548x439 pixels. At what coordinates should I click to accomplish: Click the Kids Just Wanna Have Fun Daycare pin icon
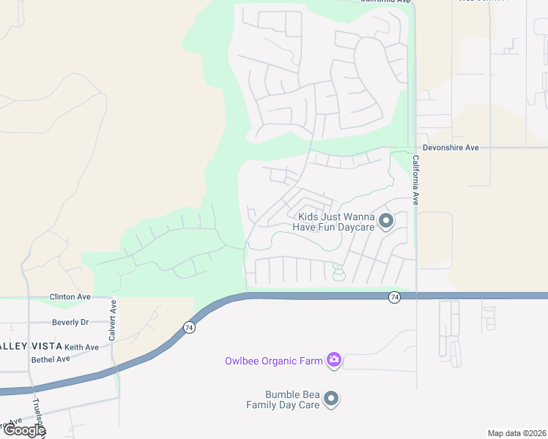click(387, 220)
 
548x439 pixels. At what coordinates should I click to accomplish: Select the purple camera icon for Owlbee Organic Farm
click(334, 359)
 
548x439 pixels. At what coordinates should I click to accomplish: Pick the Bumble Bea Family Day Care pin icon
click(331, 399)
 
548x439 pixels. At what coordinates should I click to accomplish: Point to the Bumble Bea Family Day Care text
click(283, 399)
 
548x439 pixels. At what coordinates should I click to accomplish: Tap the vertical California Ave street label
click(415, 179)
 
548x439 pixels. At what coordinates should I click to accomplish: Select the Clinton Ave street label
click(70, 297)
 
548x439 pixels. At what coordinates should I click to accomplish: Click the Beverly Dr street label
click(70, 322)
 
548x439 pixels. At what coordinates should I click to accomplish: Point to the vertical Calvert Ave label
click(114, 319)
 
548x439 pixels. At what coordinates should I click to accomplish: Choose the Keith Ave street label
click(81, 347)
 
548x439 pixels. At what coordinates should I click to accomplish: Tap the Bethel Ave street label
click(51, 359)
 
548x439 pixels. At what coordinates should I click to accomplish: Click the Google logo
click(23, 430)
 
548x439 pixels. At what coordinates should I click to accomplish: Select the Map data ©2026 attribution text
click(516, 433)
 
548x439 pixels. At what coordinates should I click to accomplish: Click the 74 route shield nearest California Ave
click(394, 297)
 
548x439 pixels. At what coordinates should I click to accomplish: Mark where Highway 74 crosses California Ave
click(417, 296)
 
